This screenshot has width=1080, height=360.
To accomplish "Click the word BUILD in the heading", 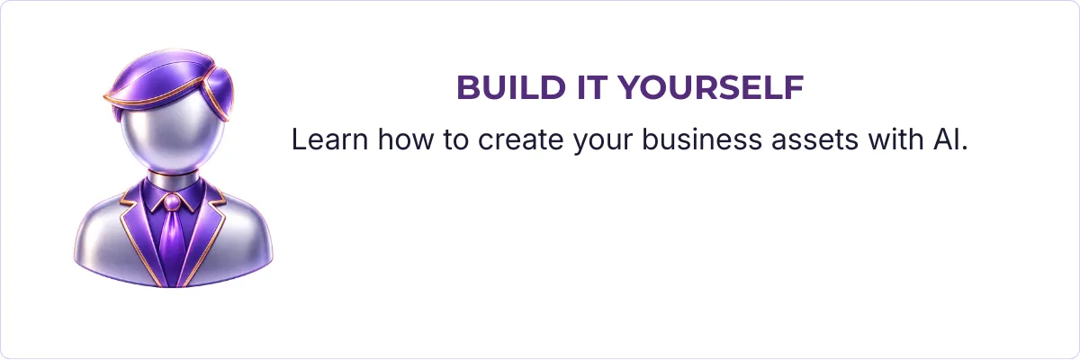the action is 511,87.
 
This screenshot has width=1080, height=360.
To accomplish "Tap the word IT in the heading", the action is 591,87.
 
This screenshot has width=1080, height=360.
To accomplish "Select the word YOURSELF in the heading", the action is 711,87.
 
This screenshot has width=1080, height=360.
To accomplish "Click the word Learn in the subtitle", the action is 329,139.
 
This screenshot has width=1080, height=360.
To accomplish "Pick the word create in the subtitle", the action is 521,140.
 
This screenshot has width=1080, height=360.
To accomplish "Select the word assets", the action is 814,140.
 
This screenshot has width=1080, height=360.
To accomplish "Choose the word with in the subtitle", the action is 895,139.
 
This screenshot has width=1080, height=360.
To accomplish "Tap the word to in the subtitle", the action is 455,140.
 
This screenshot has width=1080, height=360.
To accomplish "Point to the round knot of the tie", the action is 172,202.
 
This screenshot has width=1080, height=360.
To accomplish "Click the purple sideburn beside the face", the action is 220,94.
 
